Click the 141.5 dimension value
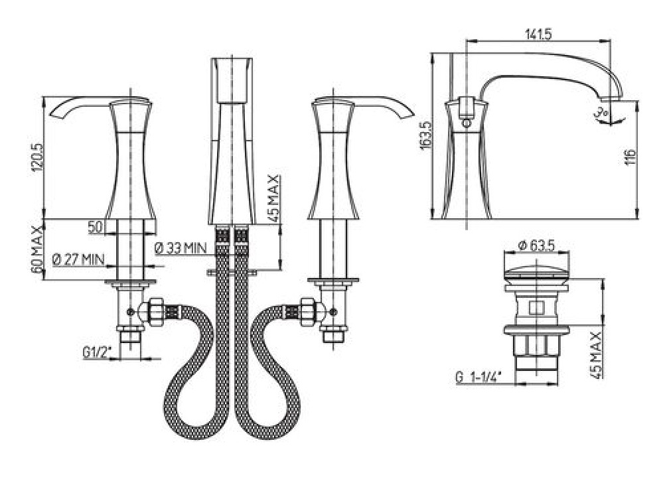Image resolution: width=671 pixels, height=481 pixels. click(538, 34)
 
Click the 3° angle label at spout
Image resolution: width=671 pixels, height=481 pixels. click(600, 113)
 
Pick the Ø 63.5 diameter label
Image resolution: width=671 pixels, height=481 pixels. click(537, 245)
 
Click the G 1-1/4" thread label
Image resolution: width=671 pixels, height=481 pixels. click(479, 378)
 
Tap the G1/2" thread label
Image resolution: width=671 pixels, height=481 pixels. click(97, 353)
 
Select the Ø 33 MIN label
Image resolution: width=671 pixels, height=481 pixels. click(181, 248)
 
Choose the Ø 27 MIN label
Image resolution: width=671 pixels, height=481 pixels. click(78, 259)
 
